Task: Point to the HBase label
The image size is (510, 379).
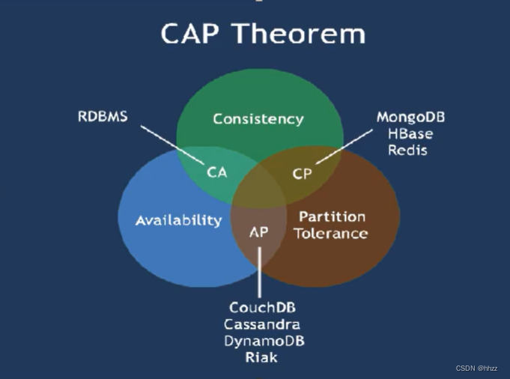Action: (410, 133)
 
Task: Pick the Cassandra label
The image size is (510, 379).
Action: (262, 324)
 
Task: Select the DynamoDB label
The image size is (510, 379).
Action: (264, 341)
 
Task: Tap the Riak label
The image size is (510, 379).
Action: (261, 357)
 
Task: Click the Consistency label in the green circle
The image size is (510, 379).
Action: (258, 118)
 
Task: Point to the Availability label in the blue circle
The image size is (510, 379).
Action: (179, 220)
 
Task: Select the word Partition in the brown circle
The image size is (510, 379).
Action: (332, 216)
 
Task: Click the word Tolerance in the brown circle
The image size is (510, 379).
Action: (330, 233)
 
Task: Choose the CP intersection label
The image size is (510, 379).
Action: (302, 174)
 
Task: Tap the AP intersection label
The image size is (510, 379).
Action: (258, 231)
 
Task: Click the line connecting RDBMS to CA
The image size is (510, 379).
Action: (174, 141)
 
